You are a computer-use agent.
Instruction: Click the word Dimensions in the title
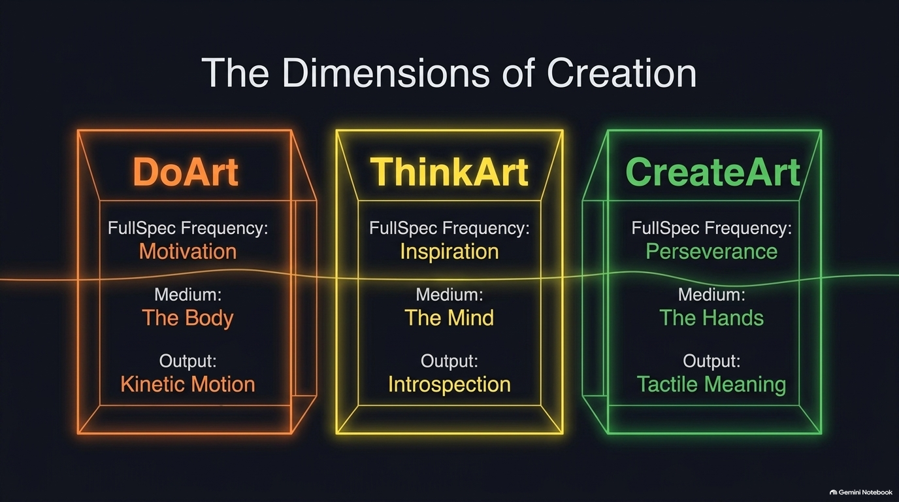pyautogui.click(x=386, y=73)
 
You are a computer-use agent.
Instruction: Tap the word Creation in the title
pyautogui.click(x=621, y=73)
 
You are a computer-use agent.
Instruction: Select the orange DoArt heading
pyautogui.click(x=186, y=172)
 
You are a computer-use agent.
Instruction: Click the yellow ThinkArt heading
pyautogui.click(x=449, y=172)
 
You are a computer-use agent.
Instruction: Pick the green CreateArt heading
pyautogui.click(x=713, y=172)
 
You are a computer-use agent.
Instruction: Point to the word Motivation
pyautogui.click(x=188, y=252)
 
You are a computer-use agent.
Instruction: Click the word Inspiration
pyautogui.click(x=449, y=252)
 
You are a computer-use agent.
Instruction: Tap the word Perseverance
pyautogui.click(x=711, y=252)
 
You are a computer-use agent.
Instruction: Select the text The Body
pyautogui.click(x=188, y=318)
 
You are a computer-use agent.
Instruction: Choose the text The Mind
pyautogui.click(x=449, y=318)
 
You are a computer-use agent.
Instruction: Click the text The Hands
pyautogui.click(x=711, y=318)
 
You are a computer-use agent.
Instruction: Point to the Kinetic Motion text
pyautogui.click(x=188, y=384)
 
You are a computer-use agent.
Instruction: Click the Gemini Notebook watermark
pyautogui.click(x=861, y=492)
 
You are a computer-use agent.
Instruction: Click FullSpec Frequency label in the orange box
pyautogui.click(x=188, y=229)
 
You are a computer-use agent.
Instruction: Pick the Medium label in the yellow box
pyautogui.click(x=449, y=295)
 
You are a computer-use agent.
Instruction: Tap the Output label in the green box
pyautogui.click(x=711, y=361)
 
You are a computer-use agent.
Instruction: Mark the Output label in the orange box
pyautogui.click(x=188, y=361)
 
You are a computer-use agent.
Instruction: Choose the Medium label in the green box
pyautogui.click(x=711, y=295)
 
